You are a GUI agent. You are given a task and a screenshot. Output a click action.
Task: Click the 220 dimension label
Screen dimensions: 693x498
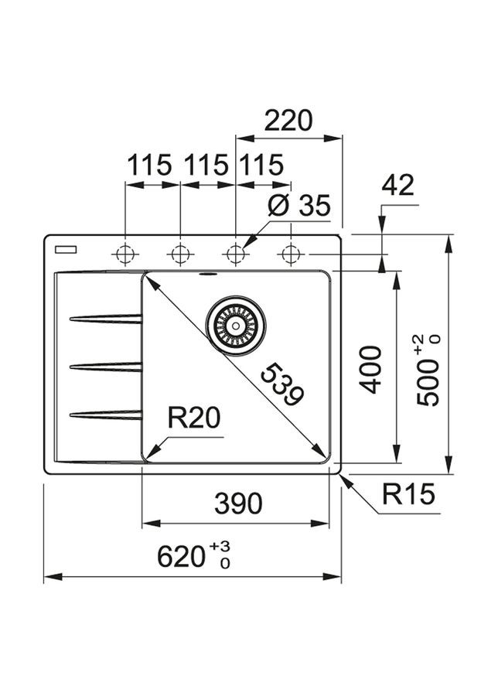tap(288, 121)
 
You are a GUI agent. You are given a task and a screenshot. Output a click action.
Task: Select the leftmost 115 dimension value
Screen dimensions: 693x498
tap(149, 166)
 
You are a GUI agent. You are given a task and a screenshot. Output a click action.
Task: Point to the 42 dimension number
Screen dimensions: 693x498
tap(397, 186)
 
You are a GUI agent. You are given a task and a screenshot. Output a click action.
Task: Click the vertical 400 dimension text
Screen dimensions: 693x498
tap(371, 369)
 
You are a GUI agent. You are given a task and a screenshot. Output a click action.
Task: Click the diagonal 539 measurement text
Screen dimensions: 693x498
tap(280, 384)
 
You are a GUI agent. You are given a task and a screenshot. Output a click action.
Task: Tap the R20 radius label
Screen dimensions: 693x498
tap(194, 418)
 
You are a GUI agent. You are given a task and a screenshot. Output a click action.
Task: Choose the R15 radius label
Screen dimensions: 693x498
tap(408, 493)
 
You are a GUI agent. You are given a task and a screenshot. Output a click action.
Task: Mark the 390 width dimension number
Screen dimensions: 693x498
tap(238, 504)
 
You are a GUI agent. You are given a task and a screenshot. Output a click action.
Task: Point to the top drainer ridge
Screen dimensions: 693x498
tap(107, 318)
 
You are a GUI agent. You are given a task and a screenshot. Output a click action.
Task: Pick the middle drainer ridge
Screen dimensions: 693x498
tap(107, 366)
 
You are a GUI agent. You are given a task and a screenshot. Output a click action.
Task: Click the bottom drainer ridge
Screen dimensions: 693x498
tap(107, 415)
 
